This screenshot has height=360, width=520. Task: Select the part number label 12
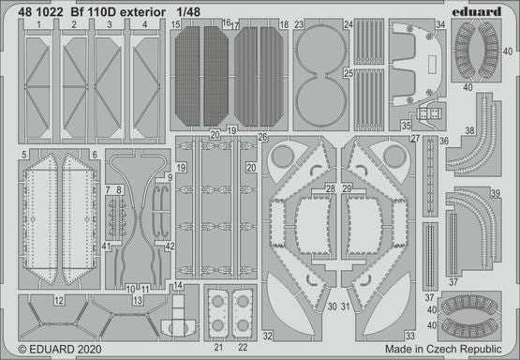58,301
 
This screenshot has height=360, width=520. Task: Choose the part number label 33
410,335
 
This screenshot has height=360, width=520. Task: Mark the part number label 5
22,154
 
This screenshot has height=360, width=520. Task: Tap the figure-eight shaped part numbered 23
318,75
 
